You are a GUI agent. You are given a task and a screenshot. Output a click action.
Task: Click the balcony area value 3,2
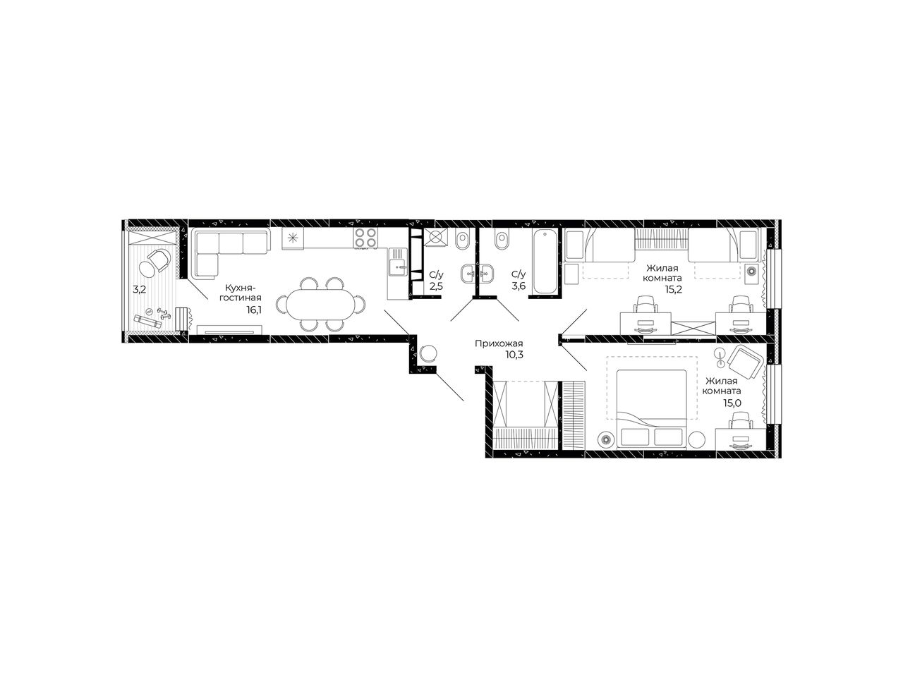pyautogui.click(x=139, y=289)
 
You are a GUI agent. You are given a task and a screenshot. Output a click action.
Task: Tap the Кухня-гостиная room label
pyautogui.click(x=241, y=292)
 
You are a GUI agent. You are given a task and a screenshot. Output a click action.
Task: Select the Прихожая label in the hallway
pyautogui.click(x=499, y=343)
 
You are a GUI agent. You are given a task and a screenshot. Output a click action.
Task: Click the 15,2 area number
pyautogui.click(x=674, y=289)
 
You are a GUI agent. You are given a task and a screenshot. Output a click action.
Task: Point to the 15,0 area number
pyautogui.click(x=732, y=403)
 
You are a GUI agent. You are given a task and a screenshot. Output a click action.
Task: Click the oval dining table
pyautogui.click(x=320, y=304)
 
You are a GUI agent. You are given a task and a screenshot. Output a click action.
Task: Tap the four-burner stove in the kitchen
pyautogui.click(x=365, y=238)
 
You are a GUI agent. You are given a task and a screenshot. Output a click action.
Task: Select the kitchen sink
pyautogui.click(x=397, y=262)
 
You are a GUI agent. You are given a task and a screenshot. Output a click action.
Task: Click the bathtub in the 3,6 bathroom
pyautogui.click(x=545, y=262)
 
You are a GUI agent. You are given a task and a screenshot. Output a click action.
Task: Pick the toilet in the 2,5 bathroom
pyautogui.click(x=462, y=240)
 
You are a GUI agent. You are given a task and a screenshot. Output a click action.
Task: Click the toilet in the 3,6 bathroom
pyautogui.click(x=502, y=240)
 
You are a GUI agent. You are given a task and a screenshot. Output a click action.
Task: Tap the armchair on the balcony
pyautogui.click(x=154, y=262)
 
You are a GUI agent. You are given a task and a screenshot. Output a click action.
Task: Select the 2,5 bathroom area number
pyautogui.click(x=436, y=286)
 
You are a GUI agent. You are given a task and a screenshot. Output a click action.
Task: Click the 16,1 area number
pyautogui.click(x=254, y=310)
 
